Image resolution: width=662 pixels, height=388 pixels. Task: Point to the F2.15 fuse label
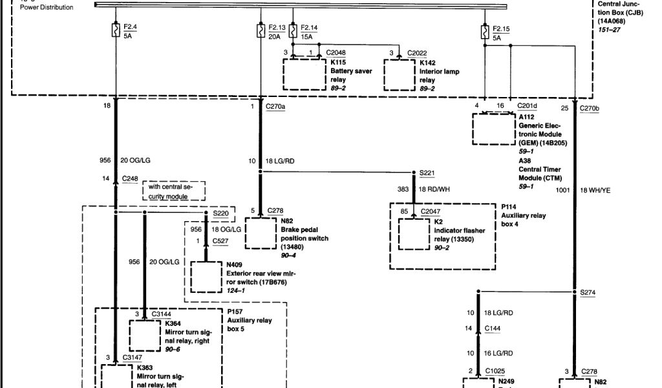501,28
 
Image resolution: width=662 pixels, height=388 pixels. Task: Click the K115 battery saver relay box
304,75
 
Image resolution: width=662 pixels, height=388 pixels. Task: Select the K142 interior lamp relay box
405,75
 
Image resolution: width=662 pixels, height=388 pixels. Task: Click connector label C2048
336,52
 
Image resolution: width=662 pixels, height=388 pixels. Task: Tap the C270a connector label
275,107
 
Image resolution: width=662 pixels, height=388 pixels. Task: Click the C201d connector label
528,106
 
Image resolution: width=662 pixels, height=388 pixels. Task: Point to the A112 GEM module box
493,129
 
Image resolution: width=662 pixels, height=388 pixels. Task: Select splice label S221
427,173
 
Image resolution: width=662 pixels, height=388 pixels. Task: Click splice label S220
220,213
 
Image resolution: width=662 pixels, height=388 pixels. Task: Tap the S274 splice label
587,292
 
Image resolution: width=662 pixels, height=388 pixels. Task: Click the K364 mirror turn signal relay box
148,334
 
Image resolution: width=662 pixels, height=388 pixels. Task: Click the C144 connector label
493,329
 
